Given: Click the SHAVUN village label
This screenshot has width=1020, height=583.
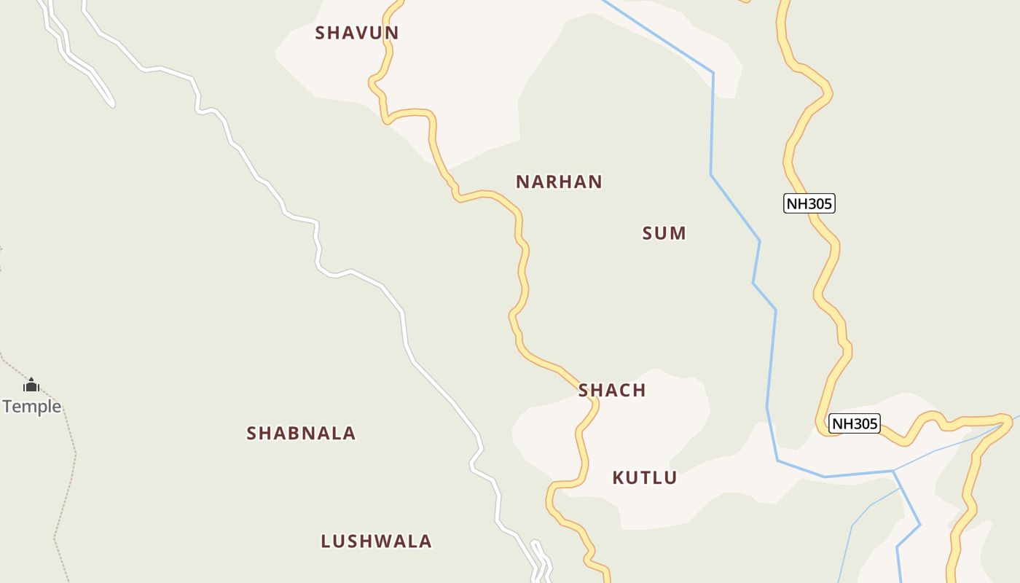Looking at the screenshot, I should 357,33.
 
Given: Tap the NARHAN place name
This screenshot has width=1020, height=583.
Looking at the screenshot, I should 559,182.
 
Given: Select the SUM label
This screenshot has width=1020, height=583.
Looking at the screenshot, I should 664,233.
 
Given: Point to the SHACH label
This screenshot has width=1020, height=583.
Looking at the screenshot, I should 612,391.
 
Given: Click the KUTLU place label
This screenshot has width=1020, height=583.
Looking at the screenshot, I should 645,478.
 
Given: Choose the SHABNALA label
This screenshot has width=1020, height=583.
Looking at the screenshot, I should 301,434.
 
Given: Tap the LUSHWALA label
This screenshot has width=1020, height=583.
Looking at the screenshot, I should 377,541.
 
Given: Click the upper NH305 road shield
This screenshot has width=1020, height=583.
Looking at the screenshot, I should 809,203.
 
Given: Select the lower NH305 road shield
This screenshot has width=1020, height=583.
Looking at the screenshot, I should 855,423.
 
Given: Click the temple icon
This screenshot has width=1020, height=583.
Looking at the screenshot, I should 31,385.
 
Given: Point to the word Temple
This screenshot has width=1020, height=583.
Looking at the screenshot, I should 32,407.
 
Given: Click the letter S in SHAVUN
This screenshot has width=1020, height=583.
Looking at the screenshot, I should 321,33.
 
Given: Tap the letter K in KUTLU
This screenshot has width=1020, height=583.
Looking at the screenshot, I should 619,478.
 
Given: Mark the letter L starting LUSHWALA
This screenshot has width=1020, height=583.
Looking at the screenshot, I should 326,541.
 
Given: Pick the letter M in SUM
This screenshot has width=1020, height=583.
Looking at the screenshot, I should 678,233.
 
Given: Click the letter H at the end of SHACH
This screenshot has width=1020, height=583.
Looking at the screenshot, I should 639,391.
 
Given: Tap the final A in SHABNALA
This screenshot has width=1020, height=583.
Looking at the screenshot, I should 350,434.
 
